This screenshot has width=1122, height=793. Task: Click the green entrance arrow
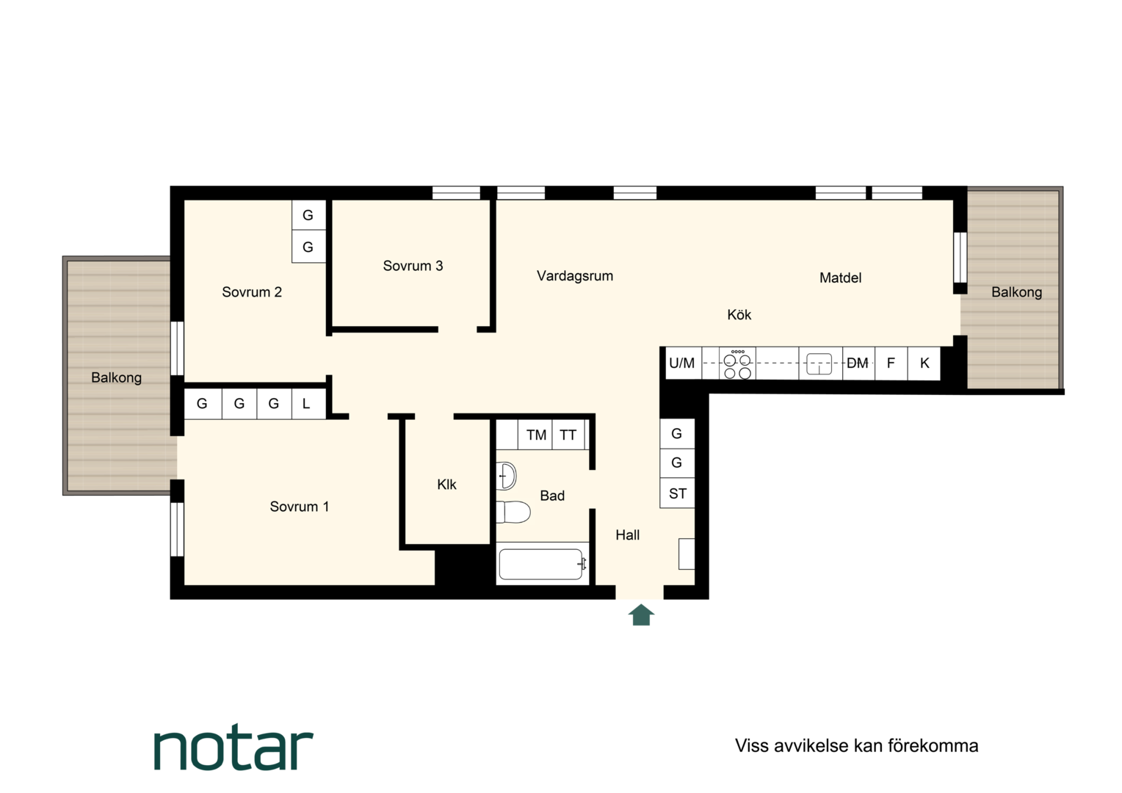[641, 615]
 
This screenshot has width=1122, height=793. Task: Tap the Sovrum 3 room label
[413, 266]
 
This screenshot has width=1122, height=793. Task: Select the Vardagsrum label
[574, 276]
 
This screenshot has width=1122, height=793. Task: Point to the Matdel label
[840, 278]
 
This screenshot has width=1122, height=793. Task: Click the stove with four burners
[737, 363]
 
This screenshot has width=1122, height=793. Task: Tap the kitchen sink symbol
[819, 364]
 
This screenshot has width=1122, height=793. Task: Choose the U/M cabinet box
[683, 363]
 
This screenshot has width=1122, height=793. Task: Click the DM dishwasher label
[858, 363]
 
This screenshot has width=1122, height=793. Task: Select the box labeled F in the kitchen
[891, 363]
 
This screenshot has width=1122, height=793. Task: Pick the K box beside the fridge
[924, 363]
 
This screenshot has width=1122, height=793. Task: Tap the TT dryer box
[568, 435]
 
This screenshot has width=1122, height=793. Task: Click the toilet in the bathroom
[513, 512]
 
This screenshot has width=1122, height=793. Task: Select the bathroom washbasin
[507, 475]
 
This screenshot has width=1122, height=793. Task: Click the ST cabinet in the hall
[677, 493]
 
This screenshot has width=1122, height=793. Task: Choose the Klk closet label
[446, 485]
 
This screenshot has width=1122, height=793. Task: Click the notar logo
[234, 747]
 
